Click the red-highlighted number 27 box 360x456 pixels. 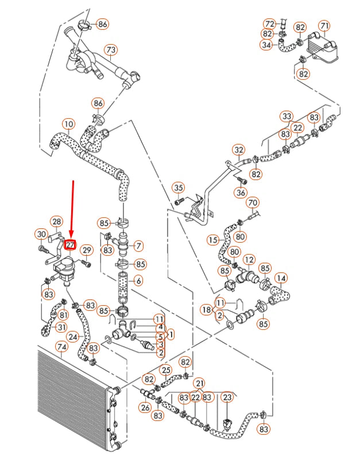tap(70, 245)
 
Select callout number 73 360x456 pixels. tap(111, 50)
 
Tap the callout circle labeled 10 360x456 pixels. tap(68, 123)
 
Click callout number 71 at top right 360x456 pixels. tap(325, 26)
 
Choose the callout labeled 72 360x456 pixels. tap(270, 24)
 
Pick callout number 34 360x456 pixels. tap(266, 45)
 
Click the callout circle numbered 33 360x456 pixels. tap(287, 116)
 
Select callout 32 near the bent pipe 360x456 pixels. tap(239, 150)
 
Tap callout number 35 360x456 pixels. tap(179, 188)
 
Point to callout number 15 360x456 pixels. tap(213, 239)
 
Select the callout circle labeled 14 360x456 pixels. tap(281, 279)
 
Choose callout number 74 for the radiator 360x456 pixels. tap(61, 347)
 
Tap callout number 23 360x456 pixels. tap(227, 397)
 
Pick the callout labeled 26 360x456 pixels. tap(146, 408)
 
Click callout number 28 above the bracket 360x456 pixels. tap(56, 221)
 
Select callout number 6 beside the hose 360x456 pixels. tap(138, 281)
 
